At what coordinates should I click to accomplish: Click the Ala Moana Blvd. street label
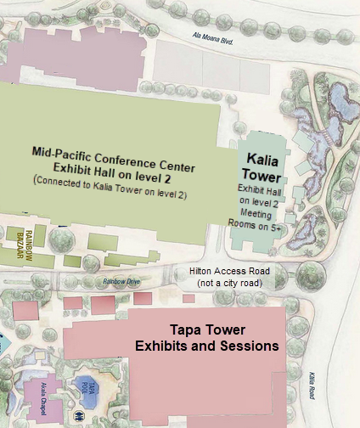coord(215,36)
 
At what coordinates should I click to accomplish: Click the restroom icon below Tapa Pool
coord(79,417)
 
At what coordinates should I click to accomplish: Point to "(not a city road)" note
coord(229,283)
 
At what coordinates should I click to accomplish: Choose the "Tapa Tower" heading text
coord(207,330)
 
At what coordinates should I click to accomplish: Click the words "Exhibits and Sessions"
coord(207,346)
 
